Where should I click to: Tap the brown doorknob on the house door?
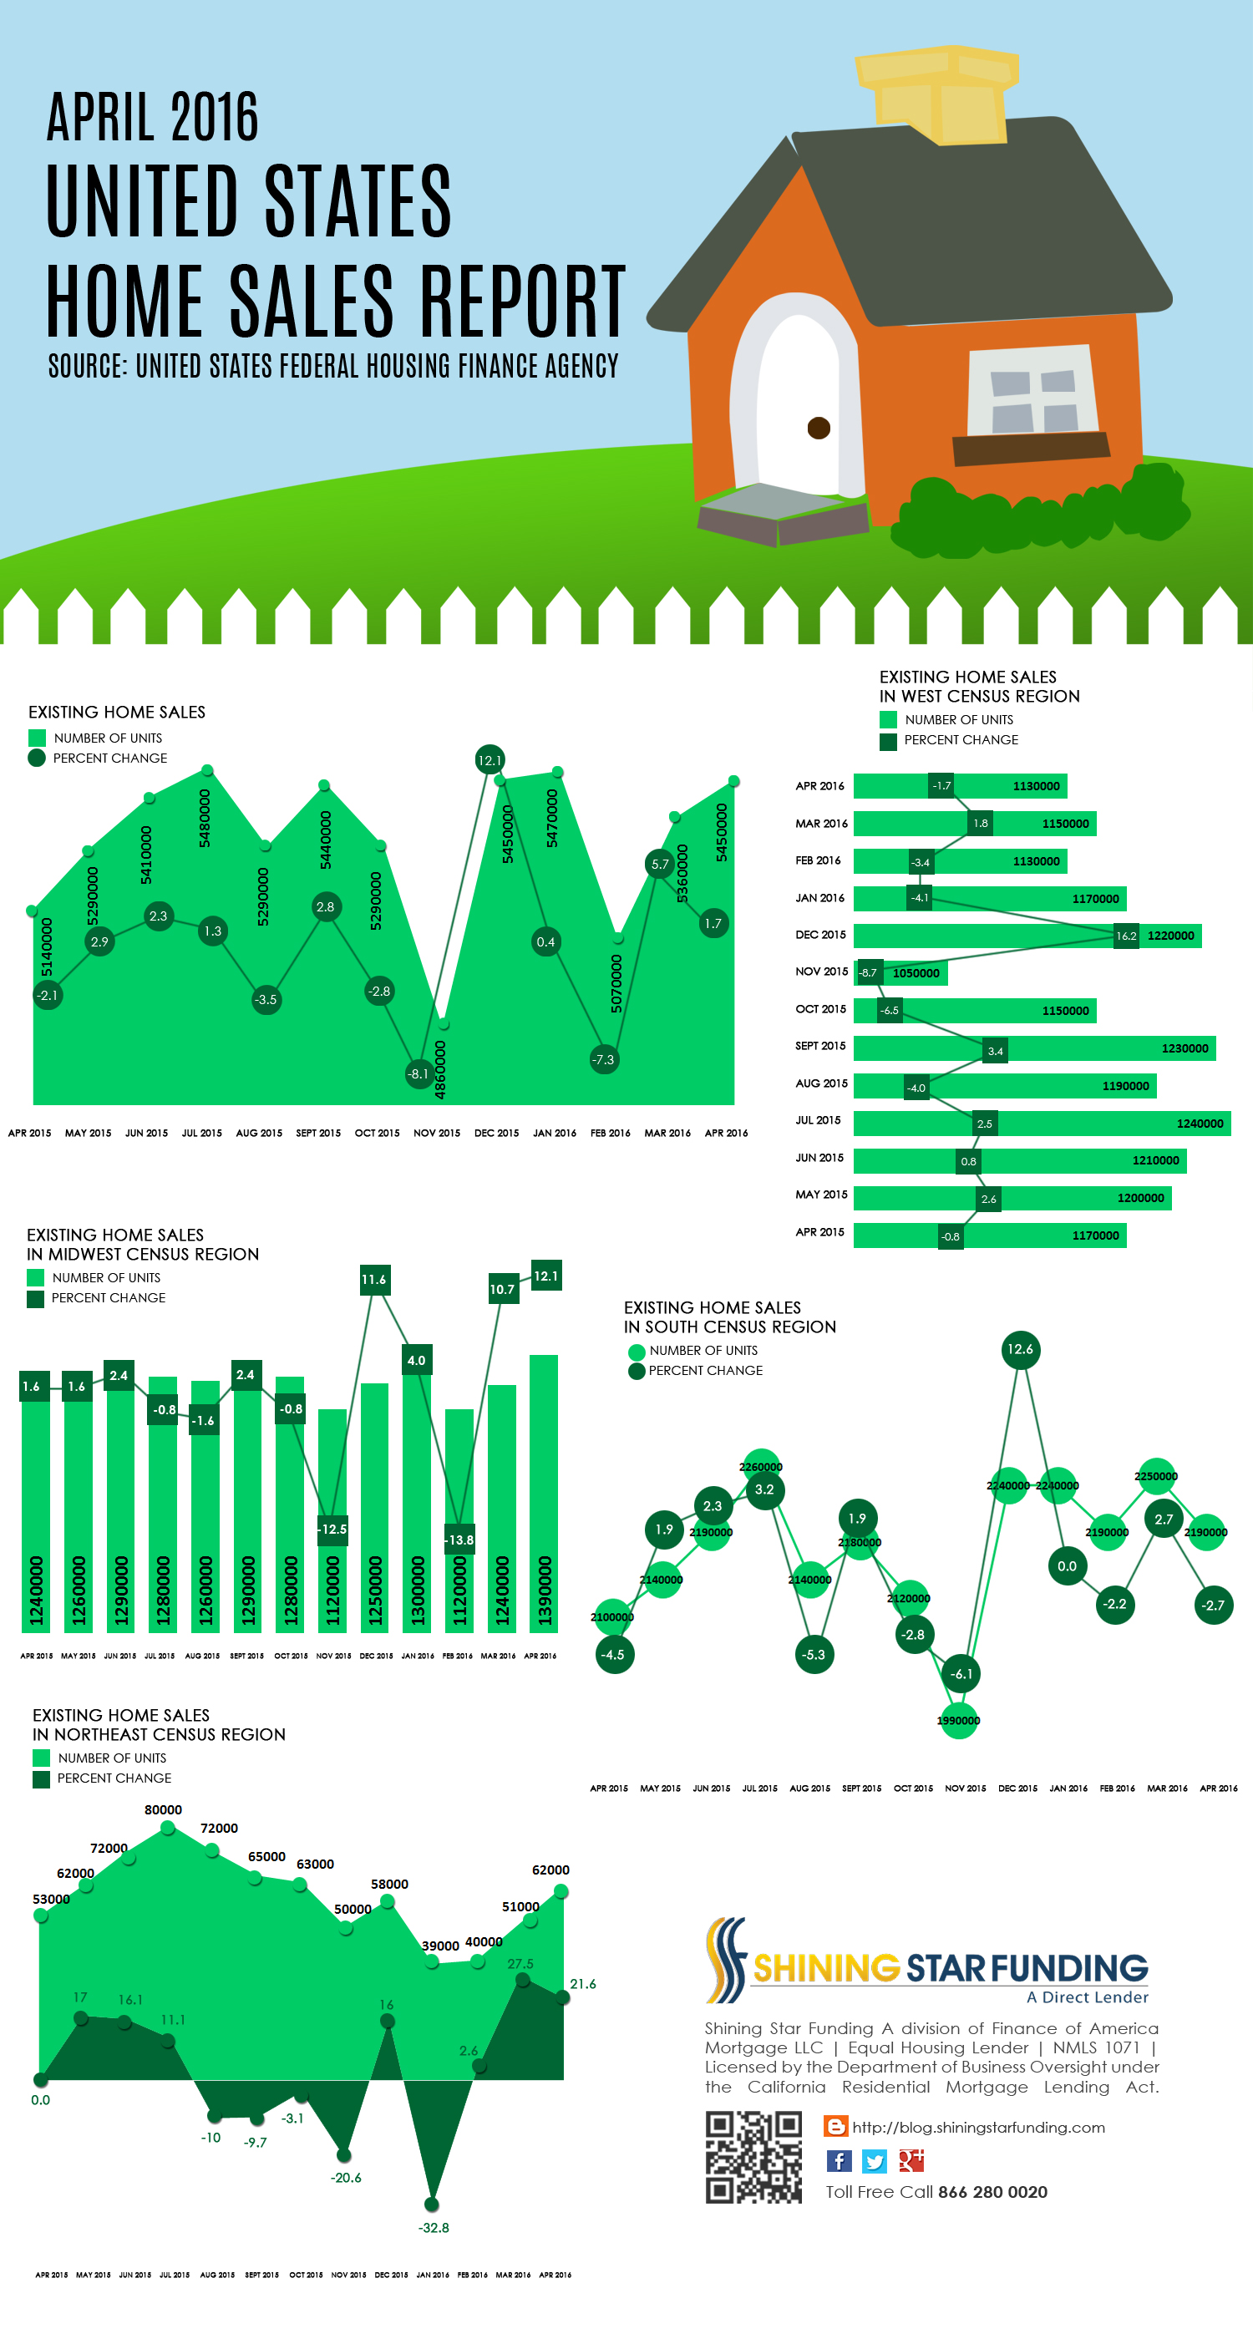(818, 428)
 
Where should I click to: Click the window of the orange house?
(1032, 391)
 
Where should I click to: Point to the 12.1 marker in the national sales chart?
(490, 760)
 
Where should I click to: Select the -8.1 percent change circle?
(418, 1073)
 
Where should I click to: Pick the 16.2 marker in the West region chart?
(1126, 936)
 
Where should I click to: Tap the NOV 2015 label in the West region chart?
(821, 972)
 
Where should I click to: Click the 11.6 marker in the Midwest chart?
(374, 1280)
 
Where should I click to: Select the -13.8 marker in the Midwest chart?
(459, 1540)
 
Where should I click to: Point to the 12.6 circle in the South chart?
(1020, 1349)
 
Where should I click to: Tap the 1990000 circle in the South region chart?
(959, 1720)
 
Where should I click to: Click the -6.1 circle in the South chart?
(961, 1673)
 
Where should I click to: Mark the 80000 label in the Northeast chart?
(164, 1809)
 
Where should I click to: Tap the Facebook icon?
(838, 2160)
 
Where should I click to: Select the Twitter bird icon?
(875, 2160)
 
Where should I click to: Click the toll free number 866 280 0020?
(992, 2192)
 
